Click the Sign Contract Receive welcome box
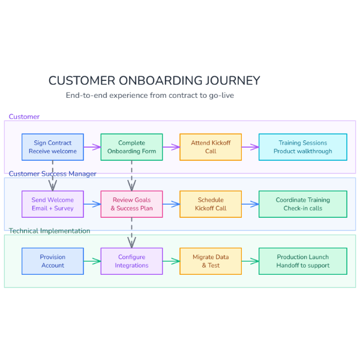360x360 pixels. pyautogui.click(x=53, y=147)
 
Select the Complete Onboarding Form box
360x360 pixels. pyautogui.click(x=131, y=147)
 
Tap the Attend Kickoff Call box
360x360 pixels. pyautogui.click(x=211, y=147)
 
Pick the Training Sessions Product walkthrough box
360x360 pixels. pyautogui.click(x=302, y=147)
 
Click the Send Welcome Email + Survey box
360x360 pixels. pyautogui.click(x=53, y=204)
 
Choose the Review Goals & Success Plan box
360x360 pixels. pyautogui.click(x=131, y=204)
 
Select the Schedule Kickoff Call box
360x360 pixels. pyautogui.click(x=211, y=204)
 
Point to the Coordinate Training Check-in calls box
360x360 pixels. pyautogui.click(x=302, y=204)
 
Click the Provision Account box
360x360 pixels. pyautogui.click(x=53, y=261)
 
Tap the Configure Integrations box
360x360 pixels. pyautogui.click(x=131, y=261)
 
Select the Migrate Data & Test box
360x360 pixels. pyautogui.click(x=211, y=261)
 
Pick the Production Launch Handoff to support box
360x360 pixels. pyautogui.click(x=302, y=261)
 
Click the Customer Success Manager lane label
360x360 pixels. pyautogui.click(x=52, y=174)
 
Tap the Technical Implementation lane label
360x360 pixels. pyautogui.click(x=49, y=231)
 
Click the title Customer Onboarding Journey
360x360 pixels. pyautogui.click(x=154, y=80)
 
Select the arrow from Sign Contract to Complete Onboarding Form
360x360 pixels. pyautogui.click(x=92, y=147)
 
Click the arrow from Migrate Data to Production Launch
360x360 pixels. pyautogui.click(x=250, y=261)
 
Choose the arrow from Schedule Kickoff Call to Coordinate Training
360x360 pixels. pyautogui.click(x=250, y=204)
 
